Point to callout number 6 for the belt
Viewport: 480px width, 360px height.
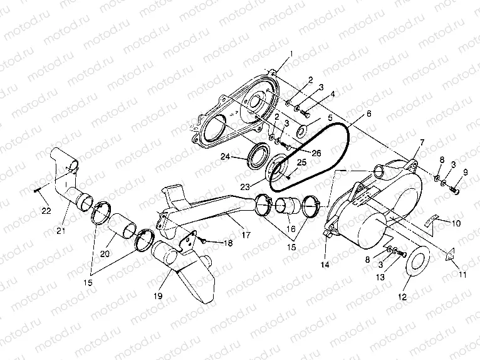368,114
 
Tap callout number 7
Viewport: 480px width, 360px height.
421,144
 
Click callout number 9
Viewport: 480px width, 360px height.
464,172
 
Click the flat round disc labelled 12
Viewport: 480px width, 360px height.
415,265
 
